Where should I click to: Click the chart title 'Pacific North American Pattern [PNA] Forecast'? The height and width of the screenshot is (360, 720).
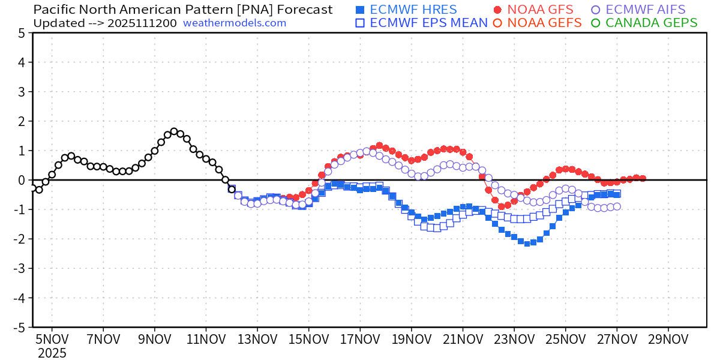click(x=182, y=10)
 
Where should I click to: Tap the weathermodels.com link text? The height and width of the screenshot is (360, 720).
click(x=235, y=23)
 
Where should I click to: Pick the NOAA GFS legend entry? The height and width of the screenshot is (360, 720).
click(x=533, y=10)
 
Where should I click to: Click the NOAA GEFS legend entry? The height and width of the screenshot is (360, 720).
click(x=538, y=23)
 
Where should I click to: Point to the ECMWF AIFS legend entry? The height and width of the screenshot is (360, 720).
click(x=646, y=10)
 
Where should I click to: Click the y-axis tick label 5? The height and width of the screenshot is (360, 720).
click(x=22, y=33)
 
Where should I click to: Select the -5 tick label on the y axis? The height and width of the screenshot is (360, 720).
click(x=18, y=327)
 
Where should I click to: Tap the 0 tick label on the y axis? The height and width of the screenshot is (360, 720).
click(x=22, y=180)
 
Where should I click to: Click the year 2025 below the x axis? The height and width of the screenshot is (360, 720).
click(x=52, y=353)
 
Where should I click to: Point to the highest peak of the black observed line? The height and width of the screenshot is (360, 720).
click(x=173, y=131)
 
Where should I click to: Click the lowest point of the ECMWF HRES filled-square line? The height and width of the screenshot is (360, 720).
click(x=527, y=243)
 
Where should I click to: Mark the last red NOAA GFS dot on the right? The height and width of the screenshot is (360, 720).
click(x=643, y=178)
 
